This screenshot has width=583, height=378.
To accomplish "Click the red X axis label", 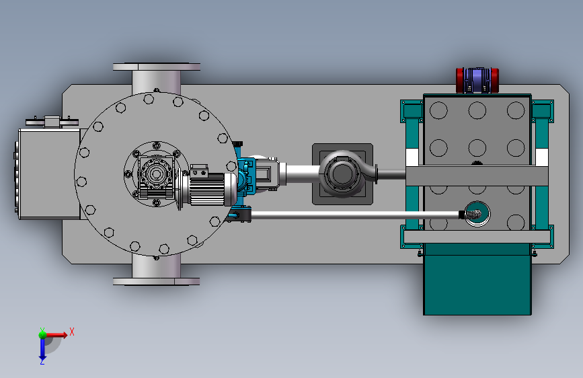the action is [x=72, y=332].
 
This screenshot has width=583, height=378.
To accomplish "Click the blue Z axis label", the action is [x=42, y=362].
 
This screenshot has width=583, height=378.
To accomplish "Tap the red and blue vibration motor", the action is [x=477, y=80].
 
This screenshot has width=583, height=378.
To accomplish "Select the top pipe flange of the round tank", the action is [x=157, y=67].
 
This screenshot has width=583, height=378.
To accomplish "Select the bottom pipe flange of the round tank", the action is [x=157, y=282].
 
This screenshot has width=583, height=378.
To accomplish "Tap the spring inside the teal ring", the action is [x=473, y=215].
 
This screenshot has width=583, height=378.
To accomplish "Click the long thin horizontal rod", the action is [x=355, y=215].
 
